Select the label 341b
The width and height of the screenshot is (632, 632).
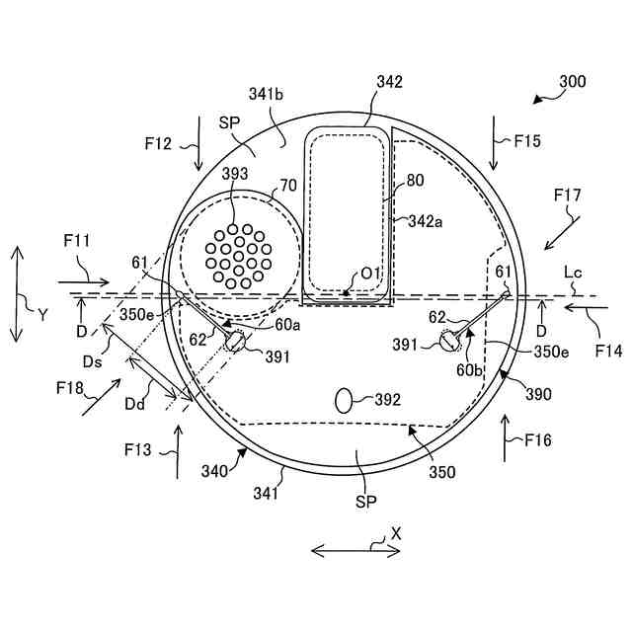pyautogui.click(x=267, y=95)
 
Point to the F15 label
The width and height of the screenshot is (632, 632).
pyautogui.click(x=526, y=141)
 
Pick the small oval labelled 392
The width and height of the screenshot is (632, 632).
pyautogui.click(x=345, y=400)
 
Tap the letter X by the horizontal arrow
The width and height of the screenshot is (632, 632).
pyautogui.click(x=396, y=531)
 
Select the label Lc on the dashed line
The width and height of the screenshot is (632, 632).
pyautogui.click(x=572, y=270)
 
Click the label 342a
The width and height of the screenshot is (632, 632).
pyautogui.click(x=425, y=224)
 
